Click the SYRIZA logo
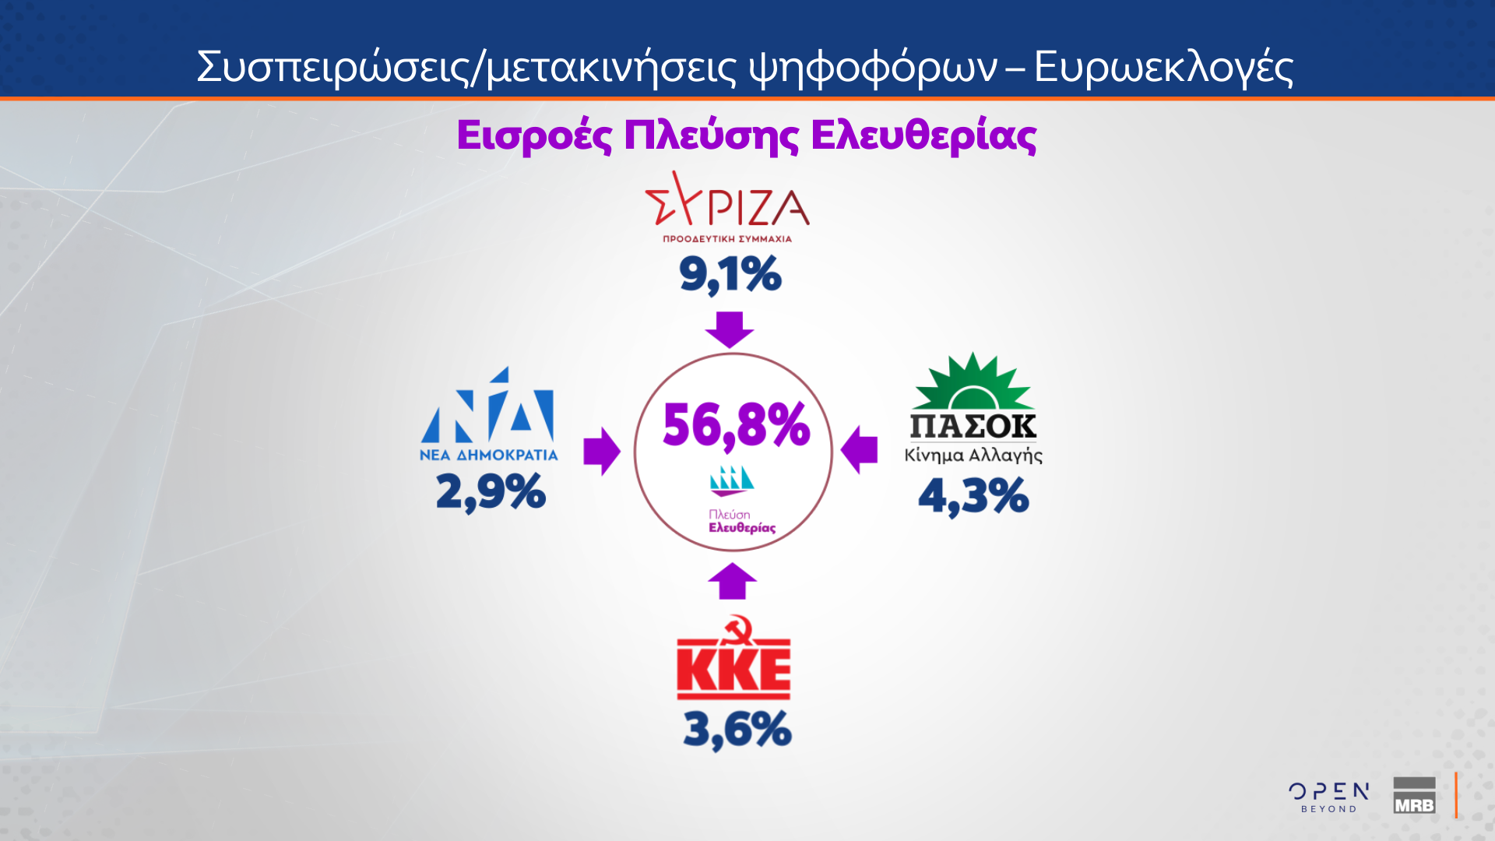[x=727, y=207]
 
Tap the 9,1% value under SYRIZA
[x=730, y=274]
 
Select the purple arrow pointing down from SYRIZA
[x=730, y=329]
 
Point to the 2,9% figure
[x=491, y=492]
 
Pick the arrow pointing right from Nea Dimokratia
[x=601, y=451]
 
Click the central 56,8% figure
[x=736, y=425]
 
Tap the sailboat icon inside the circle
[x=731, y=481]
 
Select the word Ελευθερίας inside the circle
[x=741, y=528]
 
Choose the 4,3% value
[x=973, y=496]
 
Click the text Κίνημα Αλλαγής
[x=973, y=456]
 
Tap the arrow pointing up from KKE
[x=732, y=581]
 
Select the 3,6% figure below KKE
[x=737, y=730]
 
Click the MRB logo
[x=1414, y=796]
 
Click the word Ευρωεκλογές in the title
[x=1163, y=67]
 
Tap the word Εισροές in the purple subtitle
[x=534, y=135]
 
